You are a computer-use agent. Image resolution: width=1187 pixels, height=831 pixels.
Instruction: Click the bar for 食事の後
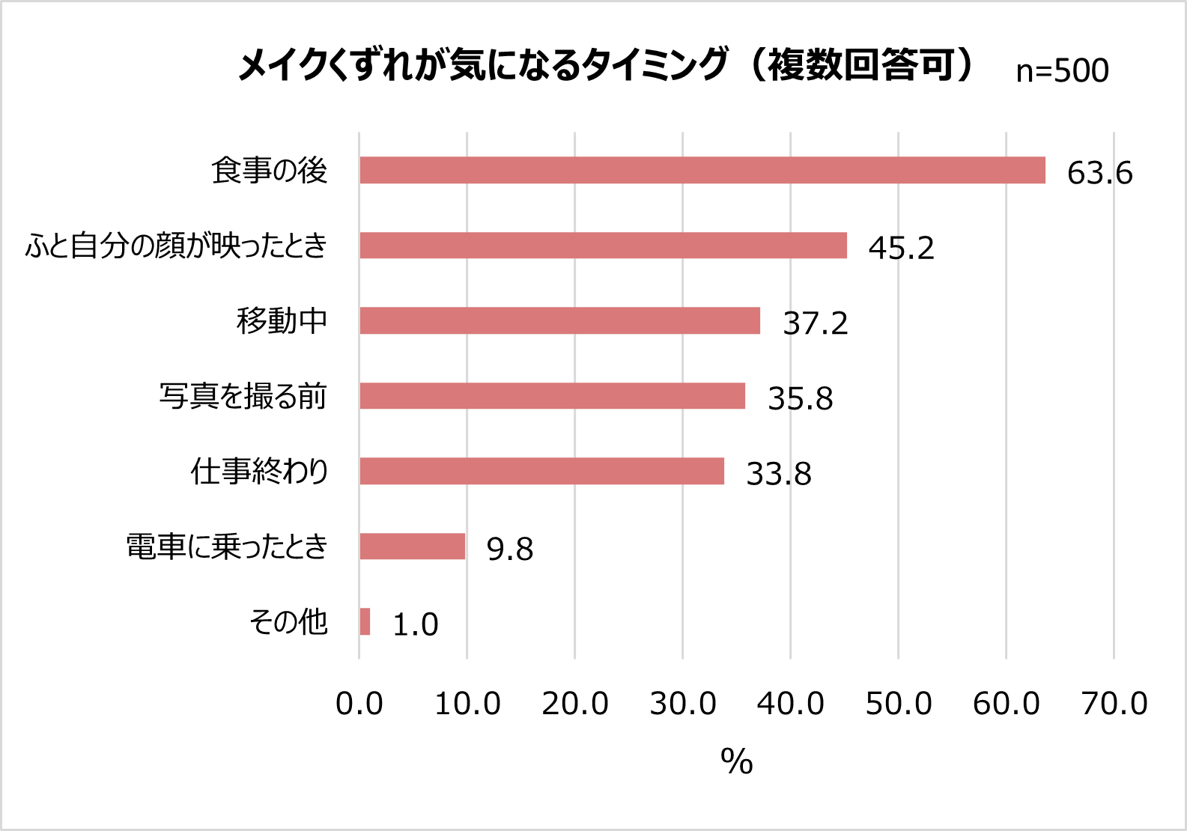coord(702,170)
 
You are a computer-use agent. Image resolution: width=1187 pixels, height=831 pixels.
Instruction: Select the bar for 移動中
coord(559,320)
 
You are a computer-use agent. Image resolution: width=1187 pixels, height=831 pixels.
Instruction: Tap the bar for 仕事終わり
coord(541,471)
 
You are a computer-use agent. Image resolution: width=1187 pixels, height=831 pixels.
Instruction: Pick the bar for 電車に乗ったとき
coord(412,547)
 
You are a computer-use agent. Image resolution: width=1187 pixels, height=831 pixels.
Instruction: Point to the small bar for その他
coord(365,621)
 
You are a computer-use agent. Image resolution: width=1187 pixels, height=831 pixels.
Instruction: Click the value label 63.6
coord(1099,173)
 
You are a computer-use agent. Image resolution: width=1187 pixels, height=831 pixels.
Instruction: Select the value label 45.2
coord(901,248)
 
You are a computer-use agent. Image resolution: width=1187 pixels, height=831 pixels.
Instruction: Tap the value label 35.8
coord(800,398)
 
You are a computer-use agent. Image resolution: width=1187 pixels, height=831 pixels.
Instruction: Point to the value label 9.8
coord(509,549)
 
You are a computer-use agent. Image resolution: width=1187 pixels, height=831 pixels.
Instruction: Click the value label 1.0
coord(415,624)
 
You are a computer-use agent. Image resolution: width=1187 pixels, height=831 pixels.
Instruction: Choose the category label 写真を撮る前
coord(243,396)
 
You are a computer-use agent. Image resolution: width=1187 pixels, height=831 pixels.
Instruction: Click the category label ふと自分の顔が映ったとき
coord(177,246)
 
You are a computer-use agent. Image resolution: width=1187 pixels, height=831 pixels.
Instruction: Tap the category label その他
coord(288,621)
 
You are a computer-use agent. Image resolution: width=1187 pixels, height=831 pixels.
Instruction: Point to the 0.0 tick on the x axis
coord(359,704)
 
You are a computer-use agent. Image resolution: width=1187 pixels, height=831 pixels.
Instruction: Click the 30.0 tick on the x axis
coord(682,704)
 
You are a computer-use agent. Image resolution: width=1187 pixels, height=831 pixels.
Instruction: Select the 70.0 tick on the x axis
coord(1114,704)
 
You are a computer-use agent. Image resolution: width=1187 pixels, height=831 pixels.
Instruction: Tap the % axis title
coord(736,761)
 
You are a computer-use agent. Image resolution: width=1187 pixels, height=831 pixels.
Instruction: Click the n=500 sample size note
coord(1062,70)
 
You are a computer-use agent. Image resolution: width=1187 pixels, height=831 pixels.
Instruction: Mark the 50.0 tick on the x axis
coord(898,704)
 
